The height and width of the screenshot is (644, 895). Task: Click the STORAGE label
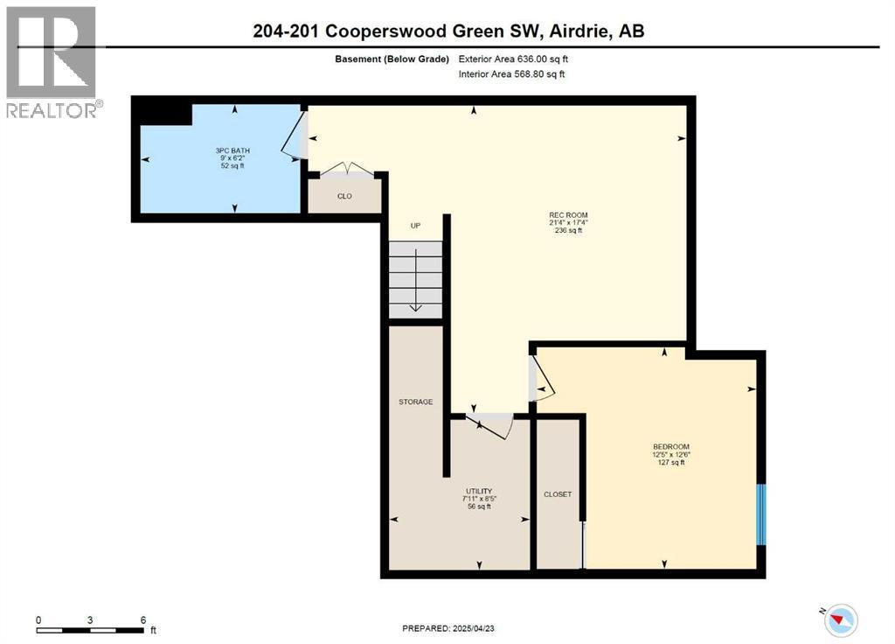(416, 402)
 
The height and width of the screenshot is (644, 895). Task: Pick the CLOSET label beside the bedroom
(558, 494)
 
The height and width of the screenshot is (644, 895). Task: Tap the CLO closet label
(344, 196)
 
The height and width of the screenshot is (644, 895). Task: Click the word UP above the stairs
(416, 226)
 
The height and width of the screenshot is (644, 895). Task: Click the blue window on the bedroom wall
(760, 514)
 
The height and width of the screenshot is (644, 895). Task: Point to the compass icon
(841, 619)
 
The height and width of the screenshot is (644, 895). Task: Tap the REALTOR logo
(52, 61)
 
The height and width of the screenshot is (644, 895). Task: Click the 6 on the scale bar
(142, 619)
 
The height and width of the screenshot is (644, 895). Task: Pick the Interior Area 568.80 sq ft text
(512, 74)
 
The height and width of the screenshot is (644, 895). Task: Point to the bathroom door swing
(294, 140)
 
